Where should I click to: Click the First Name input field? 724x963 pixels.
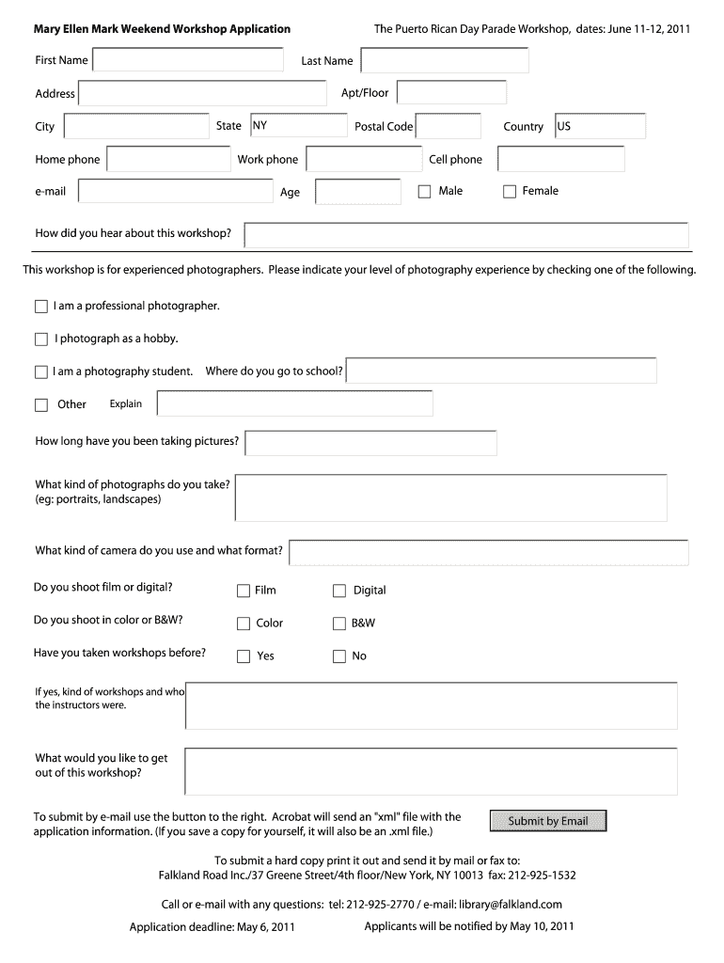click(188, 60)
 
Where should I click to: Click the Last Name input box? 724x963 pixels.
click(445, 60)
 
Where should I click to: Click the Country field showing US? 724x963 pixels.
click(599, 126)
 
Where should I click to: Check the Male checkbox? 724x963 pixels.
click(424, 192)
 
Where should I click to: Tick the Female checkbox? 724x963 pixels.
click(510, 192)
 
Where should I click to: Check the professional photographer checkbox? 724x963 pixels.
click(40, 307)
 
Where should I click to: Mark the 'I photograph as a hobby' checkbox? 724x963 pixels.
click(40, 339)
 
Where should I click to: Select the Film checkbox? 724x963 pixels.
click(244, 591)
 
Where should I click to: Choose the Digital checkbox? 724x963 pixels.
click(339, 591)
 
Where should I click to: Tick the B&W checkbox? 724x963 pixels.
click(339, 624)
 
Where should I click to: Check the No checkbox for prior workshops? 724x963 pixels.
click(339, 656)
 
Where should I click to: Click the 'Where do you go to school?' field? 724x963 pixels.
click(502, 371)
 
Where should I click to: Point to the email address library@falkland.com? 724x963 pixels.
click(511, 905)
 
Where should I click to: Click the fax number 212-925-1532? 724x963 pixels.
click(543, 876)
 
